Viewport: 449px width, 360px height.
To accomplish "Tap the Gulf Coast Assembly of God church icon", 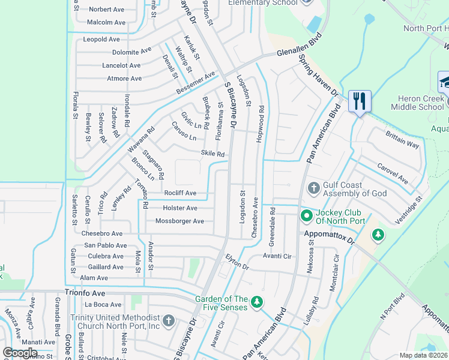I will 313,188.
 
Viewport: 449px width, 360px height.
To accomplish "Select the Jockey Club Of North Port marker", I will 306,215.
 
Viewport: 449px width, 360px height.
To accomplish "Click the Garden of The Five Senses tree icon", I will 257,301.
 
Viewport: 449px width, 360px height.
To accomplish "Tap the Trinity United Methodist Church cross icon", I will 169,320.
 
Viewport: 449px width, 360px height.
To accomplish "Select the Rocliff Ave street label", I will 180,193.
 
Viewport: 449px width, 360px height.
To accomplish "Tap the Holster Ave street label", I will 180,208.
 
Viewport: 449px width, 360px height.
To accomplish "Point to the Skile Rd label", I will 212,154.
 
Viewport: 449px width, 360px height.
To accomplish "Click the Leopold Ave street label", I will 101,40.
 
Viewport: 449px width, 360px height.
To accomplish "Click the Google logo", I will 20,352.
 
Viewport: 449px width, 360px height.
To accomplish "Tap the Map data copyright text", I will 423,355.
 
